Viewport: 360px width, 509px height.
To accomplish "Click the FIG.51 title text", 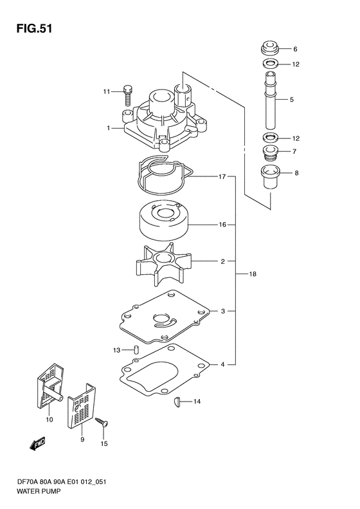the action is pyautogui.click(x=34, y=28).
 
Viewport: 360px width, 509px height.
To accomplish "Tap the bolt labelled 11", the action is pyautogui.click(x=127, y=95).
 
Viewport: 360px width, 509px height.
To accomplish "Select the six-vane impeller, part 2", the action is pyautogui.click(x=163, y=264).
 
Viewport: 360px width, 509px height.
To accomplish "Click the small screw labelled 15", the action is pyautogui.click(x=102, y=422).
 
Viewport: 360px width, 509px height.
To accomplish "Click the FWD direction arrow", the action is pyautogui.click(x=37, y=443).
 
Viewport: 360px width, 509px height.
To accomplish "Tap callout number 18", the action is pyautogui.click(x=253, y=274).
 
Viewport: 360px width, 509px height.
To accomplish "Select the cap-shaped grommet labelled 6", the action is pyautogui.click(x=271, y=49).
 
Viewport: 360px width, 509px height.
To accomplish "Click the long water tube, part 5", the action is pyautogui.click(x=271, y=100).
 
